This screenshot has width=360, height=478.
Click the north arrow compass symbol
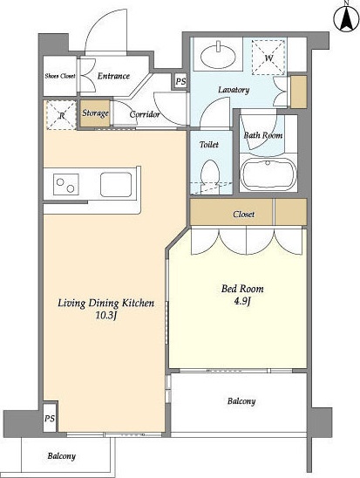tap(347, 18)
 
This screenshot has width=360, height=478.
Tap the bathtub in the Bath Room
tap(268, 174)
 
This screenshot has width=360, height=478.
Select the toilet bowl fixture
tap(210, 176)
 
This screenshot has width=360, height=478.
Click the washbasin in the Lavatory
tap(219, 56)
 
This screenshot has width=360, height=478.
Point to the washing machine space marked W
tap(268, 57)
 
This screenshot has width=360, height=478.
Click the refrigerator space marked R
tap(61, 115)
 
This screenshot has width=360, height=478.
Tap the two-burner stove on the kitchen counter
tap(65, 184)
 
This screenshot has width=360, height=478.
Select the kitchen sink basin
tap(116, 184)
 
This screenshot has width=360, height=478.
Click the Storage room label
tap(95, 113)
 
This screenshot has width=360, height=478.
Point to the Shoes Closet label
tap(60, 76)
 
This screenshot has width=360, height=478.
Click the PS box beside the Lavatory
tap(180, 81)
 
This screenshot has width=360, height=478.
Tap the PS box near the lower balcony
tap(50, 418)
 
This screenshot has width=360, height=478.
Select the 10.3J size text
tap(106, 316)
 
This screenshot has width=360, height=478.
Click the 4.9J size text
tap(242, 301)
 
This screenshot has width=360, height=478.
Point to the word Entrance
tap(113, 76)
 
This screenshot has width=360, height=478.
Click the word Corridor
tap(145, 114)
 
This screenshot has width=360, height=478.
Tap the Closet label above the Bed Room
tap(244, 215)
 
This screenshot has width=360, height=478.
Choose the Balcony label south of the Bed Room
tap(241, 401)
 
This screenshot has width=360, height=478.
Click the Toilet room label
tap(209, 144)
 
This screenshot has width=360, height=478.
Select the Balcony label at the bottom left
tap(61, 456)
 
